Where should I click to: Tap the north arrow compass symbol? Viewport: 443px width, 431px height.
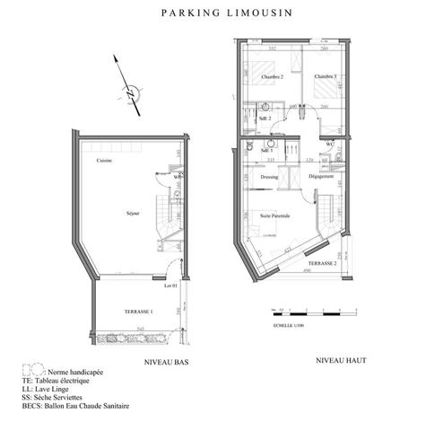click(131, 91)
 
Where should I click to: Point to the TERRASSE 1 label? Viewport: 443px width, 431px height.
click(137, 311)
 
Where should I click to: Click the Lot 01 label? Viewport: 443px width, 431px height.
click(170, 287)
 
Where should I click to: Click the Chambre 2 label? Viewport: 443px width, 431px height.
click(272, 77)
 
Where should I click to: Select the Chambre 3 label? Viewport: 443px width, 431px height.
click(325, 77)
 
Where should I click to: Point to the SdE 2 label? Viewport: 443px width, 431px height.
click(264, 119)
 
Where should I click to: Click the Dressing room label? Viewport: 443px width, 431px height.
click(268, 177)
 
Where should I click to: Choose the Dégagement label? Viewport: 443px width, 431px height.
click(320, 177)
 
